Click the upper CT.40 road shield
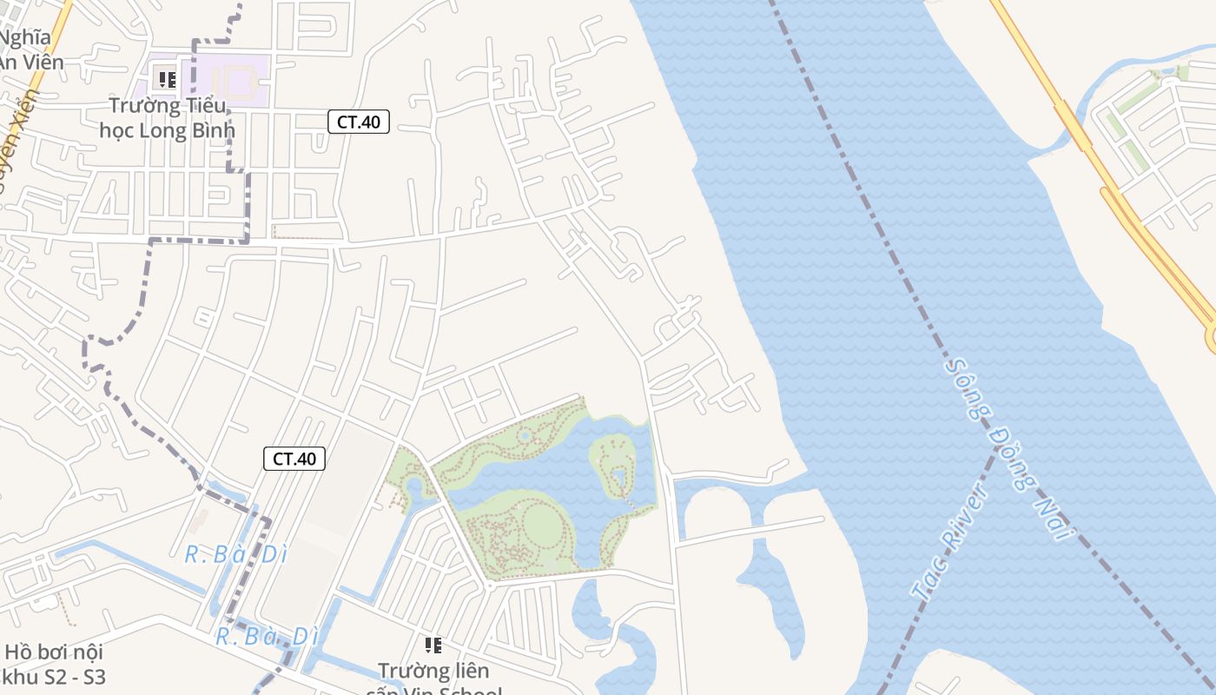pyautogui.click(x=358, y=122)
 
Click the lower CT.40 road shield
pyautogui.click(x=294, y=459)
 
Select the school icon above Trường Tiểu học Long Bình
pyautogui.click(x=168, y=80)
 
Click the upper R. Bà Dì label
pyautogui.click(x=235, y=553)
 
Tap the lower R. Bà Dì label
pyautogui.click(x=267, y=637)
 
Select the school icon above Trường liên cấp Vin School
pyautogui.click(x=433, y=645)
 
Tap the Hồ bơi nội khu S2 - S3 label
pyautogui.click(x=54, y=664)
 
